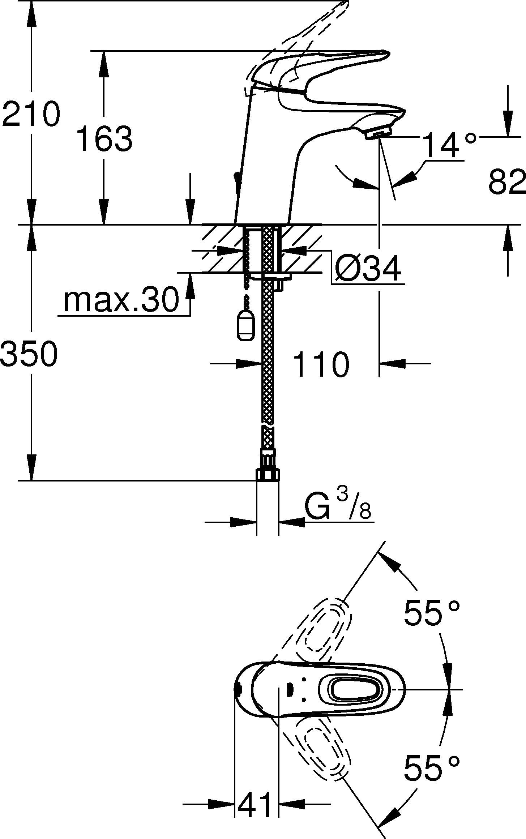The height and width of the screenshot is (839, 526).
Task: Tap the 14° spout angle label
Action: (x=449, y=145)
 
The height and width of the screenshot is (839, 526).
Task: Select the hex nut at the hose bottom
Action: (x=268, y=475)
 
